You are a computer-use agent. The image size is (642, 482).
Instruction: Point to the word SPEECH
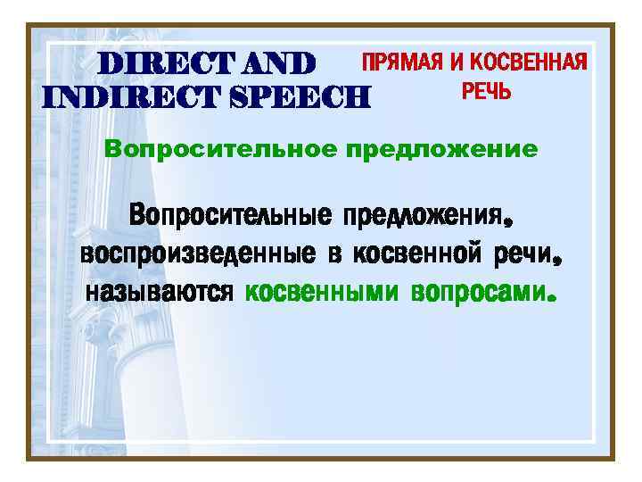299,94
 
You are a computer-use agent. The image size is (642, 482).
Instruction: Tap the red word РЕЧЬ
486,90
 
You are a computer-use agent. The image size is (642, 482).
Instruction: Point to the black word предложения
423,215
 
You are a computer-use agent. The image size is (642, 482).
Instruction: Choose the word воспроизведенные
197,253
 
